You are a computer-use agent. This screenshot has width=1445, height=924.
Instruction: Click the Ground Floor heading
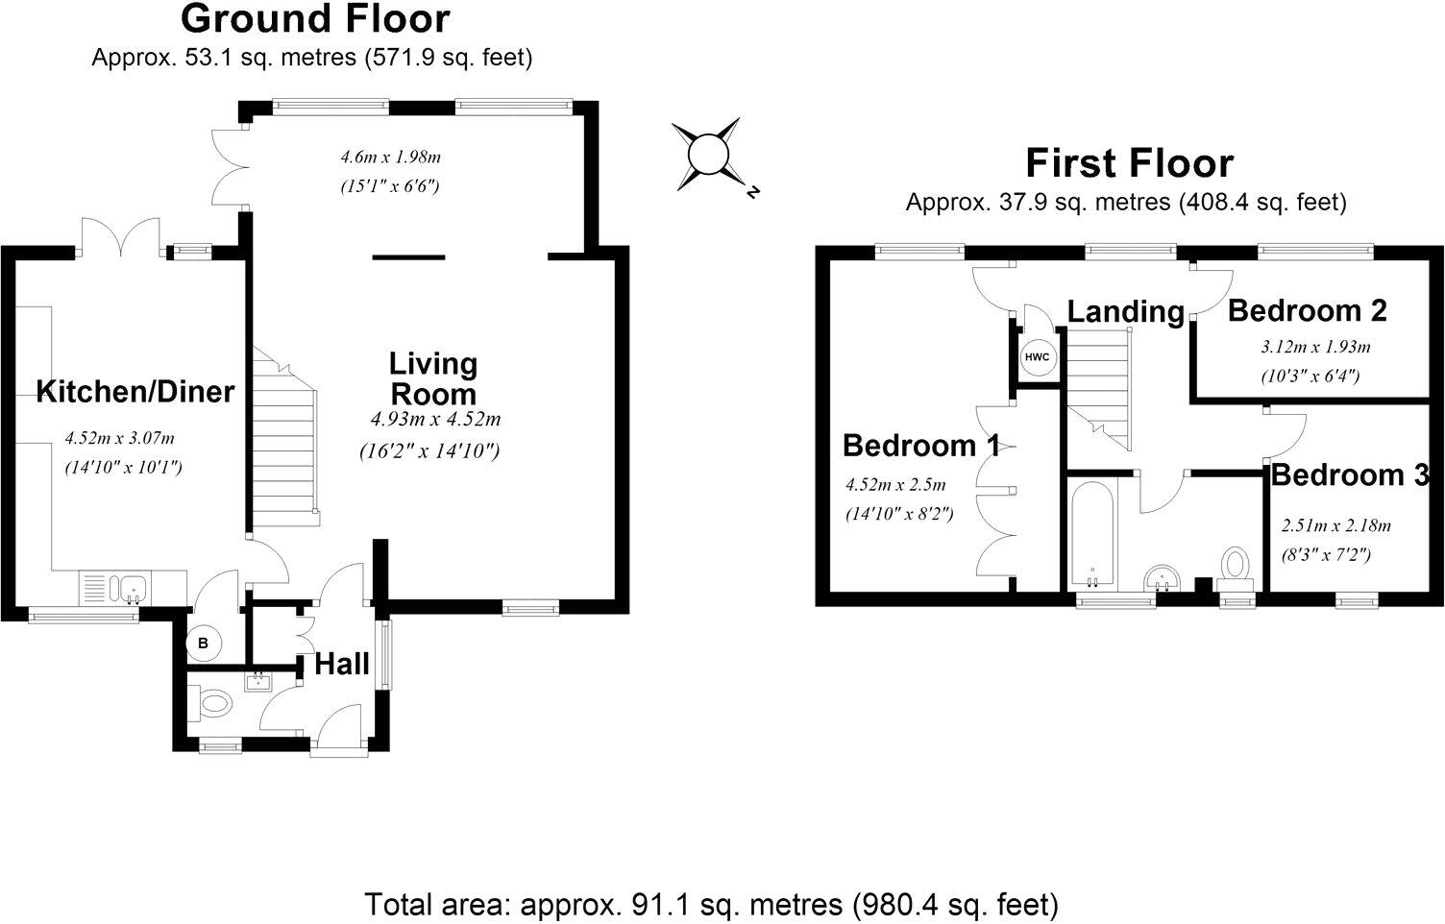314,19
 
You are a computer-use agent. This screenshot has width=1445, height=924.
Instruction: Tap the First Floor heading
1129,163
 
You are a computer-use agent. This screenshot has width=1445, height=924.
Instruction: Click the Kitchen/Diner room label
135,392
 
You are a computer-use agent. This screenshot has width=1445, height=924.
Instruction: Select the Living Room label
432,378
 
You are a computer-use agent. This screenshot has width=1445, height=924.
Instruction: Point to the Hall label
342,664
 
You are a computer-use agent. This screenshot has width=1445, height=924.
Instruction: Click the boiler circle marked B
203,643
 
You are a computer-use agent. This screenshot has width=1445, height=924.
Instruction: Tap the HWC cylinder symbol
1037,357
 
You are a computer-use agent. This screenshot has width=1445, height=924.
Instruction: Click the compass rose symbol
706,152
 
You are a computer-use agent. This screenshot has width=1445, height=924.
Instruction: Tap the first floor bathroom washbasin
1163,579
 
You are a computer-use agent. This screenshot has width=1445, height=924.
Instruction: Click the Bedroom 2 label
1307,311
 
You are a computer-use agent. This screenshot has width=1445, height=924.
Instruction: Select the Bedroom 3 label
1351,475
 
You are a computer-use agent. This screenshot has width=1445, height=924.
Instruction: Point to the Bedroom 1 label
920,446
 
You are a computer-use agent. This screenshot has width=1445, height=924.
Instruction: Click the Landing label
1126,311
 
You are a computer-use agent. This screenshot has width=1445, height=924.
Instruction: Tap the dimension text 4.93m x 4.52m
435,419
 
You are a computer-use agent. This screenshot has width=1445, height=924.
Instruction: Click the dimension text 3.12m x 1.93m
1315,347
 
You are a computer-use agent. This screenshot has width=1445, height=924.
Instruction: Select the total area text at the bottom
711,904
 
